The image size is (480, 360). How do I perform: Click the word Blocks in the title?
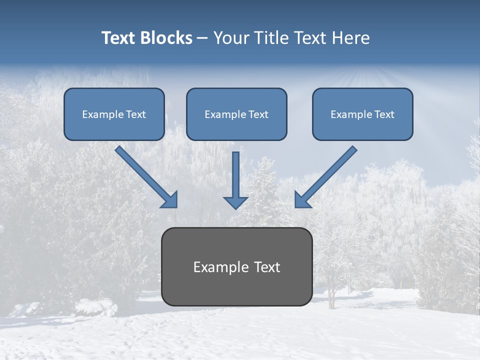166,38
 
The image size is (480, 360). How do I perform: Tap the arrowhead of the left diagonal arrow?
170,200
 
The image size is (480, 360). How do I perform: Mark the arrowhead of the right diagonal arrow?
302,200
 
